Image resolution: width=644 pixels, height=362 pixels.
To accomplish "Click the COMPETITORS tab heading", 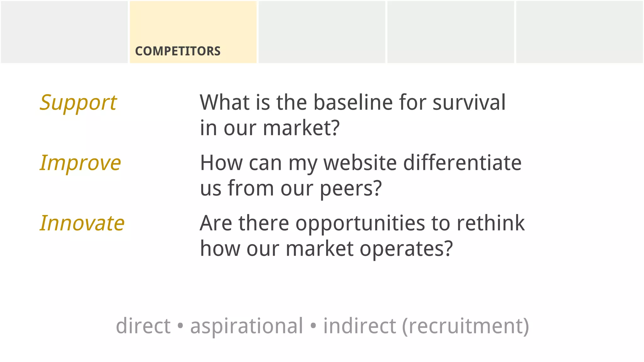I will click(178, 51).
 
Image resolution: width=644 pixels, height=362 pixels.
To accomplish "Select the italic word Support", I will click(78, 103).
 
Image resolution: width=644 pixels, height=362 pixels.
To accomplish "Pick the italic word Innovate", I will click(82, 223).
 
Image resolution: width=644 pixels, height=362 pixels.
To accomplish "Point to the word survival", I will click(469, 102).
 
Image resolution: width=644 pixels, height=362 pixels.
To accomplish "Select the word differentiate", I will click(462, 163).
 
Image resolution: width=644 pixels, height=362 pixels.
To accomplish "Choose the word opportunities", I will click(360, 223).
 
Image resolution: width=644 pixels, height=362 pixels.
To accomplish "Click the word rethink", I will click(491, 223).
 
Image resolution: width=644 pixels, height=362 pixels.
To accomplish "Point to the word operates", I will click(406, 249).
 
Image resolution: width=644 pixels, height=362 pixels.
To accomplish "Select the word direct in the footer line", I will click(143, 326).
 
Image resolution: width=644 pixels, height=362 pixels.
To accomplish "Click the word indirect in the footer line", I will click(359, 326).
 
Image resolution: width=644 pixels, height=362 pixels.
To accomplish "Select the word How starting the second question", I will click(221, 163).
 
